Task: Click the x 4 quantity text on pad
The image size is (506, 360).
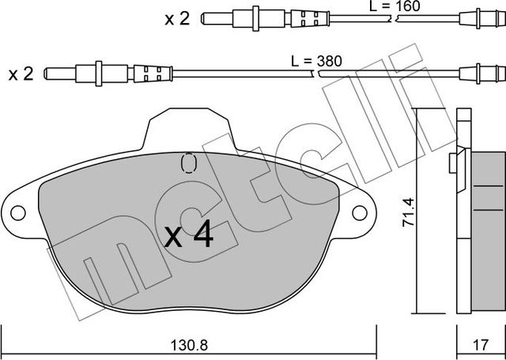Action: pyautogui.click(x=189, y=235)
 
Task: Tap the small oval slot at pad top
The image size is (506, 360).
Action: pyautogui.click(x=188, y=163)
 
